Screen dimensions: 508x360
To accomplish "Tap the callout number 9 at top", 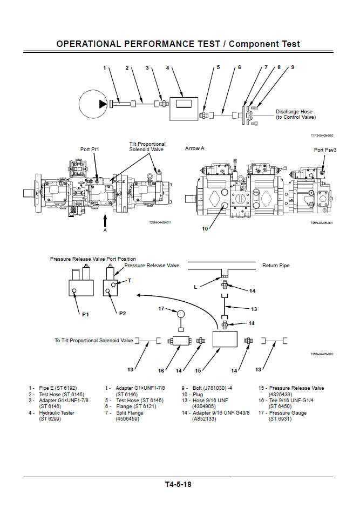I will [x=292, y=67].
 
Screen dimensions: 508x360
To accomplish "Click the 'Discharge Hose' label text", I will [x=294, y=112].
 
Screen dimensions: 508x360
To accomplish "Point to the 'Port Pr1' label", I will [x=90, y=149].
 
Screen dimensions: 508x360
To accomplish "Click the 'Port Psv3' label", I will [x=325, y=150].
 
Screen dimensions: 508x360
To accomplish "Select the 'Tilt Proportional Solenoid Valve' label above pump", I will [x=147, y=146].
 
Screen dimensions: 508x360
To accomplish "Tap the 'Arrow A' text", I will [x=195, y=148].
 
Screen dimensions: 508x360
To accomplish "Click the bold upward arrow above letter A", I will [x=105, y=219].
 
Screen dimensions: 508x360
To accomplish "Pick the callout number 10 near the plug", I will [x=205, y=228].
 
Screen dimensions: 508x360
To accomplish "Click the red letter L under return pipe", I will [x=195, y=288].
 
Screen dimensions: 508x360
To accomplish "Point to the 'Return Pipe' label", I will [x=276, y=266].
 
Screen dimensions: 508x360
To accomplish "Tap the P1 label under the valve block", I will [x=85, y=314].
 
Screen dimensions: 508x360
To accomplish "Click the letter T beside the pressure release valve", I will [x=129, y=280].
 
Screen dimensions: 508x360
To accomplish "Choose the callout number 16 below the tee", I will [x=161, y=370].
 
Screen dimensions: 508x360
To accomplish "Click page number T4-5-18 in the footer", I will [x=178, y=484].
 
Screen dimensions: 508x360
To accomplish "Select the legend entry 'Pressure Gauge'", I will [x=288, y=413].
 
